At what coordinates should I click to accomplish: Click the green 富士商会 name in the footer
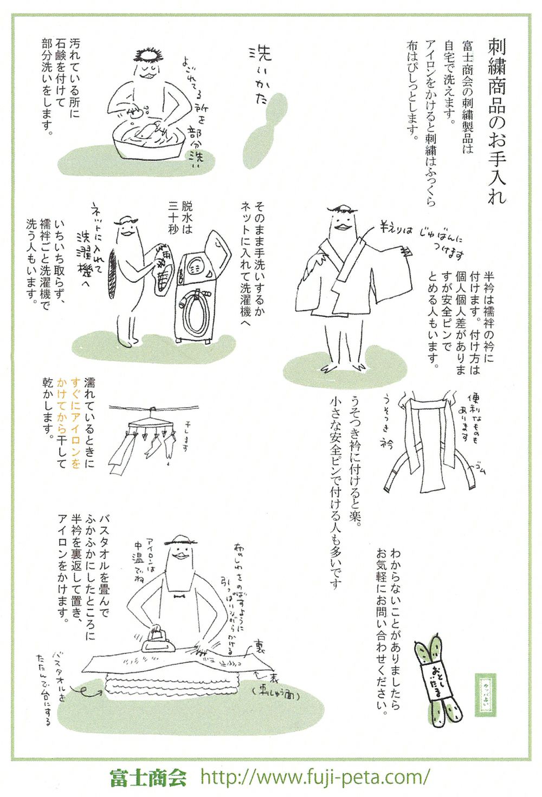(x=148, y=778)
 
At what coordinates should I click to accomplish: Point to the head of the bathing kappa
(x=148, y=62)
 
